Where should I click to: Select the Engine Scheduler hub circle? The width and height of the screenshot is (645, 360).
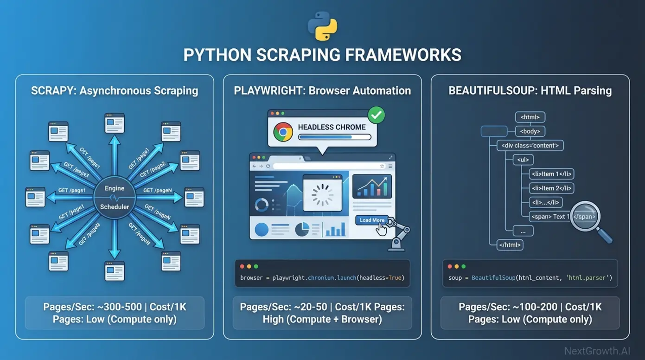tap(115, 197)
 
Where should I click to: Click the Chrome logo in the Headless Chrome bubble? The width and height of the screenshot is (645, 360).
tap(283, 132)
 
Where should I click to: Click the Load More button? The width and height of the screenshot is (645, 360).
tap(372, 220)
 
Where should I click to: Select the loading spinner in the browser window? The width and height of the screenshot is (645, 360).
tap(322, 194)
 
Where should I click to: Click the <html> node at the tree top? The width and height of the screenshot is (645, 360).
tap(530, 117)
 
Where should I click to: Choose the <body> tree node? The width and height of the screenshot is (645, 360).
tap(530, 131)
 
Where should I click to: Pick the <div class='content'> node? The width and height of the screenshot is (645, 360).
tap(530, 146)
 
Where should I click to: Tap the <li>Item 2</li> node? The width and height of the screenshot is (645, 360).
tap(551, 188)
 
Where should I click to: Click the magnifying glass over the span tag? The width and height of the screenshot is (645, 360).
tap(586, 217)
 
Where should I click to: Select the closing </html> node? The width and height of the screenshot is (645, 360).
tap(510, 244)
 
